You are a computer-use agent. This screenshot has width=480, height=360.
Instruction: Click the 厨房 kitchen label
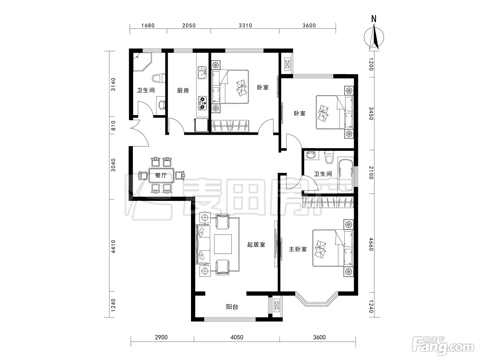(x=183, y=90)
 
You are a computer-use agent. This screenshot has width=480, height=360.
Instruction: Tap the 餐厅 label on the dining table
(x=161, y=175)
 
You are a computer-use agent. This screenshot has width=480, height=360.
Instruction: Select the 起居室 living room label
(x=256, y=244)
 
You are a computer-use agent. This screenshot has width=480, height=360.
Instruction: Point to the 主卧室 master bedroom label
(x=298, y=249)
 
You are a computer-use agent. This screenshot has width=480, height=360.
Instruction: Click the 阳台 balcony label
(x=232, y=307)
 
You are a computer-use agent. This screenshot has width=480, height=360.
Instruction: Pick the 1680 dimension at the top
(x=148, y=26)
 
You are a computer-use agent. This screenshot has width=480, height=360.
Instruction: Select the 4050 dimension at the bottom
(x=237, y=337)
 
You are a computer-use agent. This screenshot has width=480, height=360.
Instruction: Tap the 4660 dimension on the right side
(x=371, y=244)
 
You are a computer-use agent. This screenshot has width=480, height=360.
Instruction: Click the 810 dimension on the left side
(x=113, y=126)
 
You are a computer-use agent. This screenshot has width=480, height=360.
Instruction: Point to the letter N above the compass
(x=374, y=19)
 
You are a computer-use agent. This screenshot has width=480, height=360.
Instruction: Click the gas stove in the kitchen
(x=202, y=103)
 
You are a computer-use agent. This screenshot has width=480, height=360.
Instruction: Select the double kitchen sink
(x=202, y=73)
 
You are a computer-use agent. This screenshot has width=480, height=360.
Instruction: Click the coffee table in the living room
(x=223, y=244)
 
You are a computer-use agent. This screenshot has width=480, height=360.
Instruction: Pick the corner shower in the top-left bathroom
(x=142, y=62)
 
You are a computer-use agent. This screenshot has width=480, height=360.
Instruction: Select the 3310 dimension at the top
(x=245, y=26)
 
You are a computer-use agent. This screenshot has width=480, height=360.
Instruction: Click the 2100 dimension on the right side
(x=371, y=173)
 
